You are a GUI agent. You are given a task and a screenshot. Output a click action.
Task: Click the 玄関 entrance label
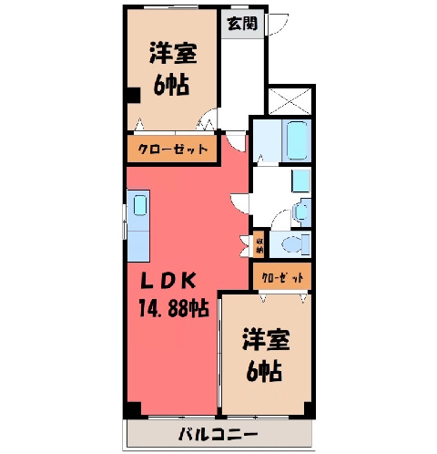[x=242, y=24]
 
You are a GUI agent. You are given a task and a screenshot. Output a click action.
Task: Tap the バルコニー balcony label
[x=218, y=435]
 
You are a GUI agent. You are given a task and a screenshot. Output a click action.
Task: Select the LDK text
[x=168, y=281]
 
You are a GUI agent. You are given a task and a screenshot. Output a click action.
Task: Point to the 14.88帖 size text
[x=174, y=308]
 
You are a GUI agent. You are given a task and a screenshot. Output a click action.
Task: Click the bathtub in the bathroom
[x=297, y=140]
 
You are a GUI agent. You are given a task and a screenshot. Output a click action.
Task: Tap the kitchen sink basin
[x=140, y=205]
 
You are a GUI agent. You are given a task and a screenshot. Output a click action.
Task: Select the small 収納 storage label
[x=259, y=246]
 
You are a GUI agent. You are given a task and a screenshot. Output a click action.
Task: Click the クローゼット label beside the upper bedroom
[x=172, y=149]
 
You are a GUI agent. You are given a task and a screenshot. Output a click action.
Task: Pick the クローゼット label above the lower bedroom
[x=282, y=277]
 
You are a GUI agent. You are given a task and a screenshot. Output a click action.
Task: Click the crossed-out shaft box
[x=290, y=101]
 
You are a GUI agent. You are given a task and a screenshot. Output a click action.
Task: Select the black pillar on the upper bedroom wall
[x=133, y=95]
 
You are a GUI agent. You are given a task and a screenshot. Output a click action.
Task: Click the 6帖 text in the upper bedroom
[x=171, y=84]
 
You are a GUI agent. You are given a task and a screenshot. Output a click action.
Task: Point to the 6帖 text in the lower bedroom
[x=264, y=372]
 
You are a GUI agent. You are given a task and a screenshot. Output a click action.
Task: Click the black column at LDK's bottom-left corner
[x=134, y=408]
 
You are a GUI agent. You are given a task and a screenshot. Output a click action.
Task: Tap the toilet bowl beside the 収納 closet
[x=292, y=244]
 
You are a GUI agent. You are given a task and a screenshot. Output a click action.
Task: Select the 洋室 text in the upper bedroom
[x=173, y=53]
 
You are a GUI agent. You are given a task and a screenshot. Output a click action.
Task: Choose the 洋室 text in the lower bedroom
[x=266, y=340]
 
